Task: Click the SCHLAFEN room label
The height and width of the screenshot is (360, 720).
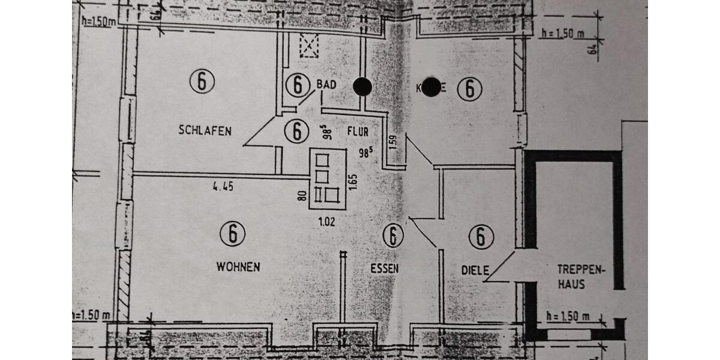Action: (205, 131)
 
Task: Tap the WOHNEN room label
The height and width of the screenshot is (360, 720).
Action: (238, 267)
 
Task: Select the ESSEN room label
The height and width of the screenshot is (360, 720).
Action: (384, 269)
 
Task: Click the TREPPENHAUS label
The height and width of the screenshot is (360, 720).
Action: (578, 277)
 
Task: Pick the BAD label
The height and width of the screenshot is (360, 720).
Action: (326, 85)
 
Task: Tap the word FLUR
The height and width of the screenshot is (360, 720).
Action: (357, 131)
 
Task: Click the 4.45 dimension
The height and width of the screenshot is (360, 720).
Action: (223, 187)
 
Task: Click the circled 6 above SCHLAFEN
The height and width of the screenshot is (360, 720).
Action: (202, 81)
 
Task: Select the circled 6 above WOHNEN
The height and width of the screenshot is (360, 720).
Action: (232, 233)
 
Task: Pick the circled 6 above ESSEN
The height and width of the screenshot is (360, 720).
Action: (392, 236)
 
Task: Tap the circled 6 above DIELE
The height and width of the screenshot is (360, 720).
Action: (481, 236)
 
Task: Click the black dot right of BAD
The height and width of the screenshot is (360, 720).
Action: (362, 87)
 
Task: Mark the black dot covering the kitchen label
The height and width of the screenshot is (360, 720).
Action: (430, 87)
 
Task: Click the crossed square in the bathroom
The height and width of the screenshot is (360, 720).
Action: (309, 46)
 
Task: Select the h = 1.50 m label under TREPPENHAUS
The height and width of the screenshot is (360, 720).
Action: (568, 317)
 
